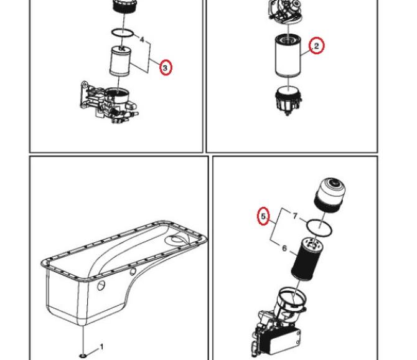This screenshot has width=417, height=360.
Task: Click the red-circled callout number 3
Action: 166,68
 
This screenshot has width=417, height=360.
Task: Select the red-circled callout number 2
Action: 316,45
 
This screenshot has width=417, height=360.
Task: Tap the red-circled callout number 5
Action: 263,216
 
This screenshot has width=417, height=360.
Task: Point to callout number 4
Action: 142,40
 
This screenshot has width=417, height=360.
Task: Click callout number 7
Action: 294,216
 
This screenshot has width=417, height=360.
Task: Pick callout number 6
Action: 284,249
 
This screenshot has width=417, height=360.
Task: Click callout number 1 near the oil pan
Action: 101,347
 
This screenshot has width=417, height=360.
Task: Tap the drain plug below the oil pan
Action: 83,356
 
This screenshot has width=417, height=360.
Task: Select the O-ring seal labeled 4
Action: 122,33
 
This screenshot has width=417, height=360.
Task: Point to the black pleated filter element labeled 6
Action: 307,258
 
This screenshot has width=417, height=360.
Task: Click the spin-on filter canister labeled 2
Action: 288,56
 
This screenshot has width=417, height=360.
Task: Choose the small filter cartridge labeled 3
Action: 120,61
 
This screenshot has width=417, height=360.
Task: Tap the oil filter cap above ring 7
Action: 330,196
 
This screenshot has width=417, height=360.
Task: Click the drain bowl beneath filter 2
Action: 288,100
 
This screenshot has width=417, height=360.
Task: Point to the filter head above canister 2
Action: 286,11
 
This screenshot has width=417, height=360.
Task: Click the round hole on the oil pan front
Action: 101,286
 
